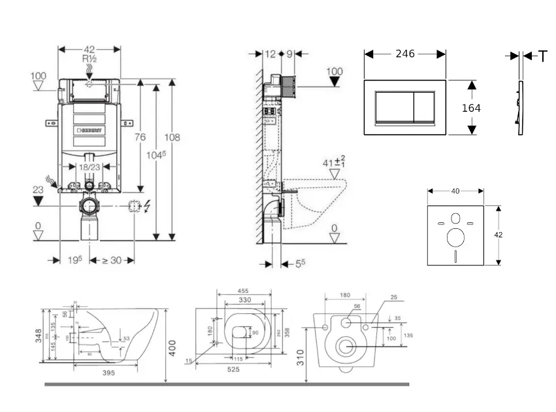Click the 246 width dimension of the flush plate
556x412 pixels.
coord(405,54)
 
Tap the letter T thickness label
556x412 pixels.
coord(542,56)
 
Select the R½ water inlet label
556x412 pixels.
coord(90,58)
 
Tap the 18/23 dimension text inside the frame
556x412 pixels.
coord(91,167)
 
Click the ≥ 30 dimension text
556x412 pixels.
coord(112,260)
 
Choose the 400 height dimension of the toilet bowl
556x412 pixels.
coord(172,347)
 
